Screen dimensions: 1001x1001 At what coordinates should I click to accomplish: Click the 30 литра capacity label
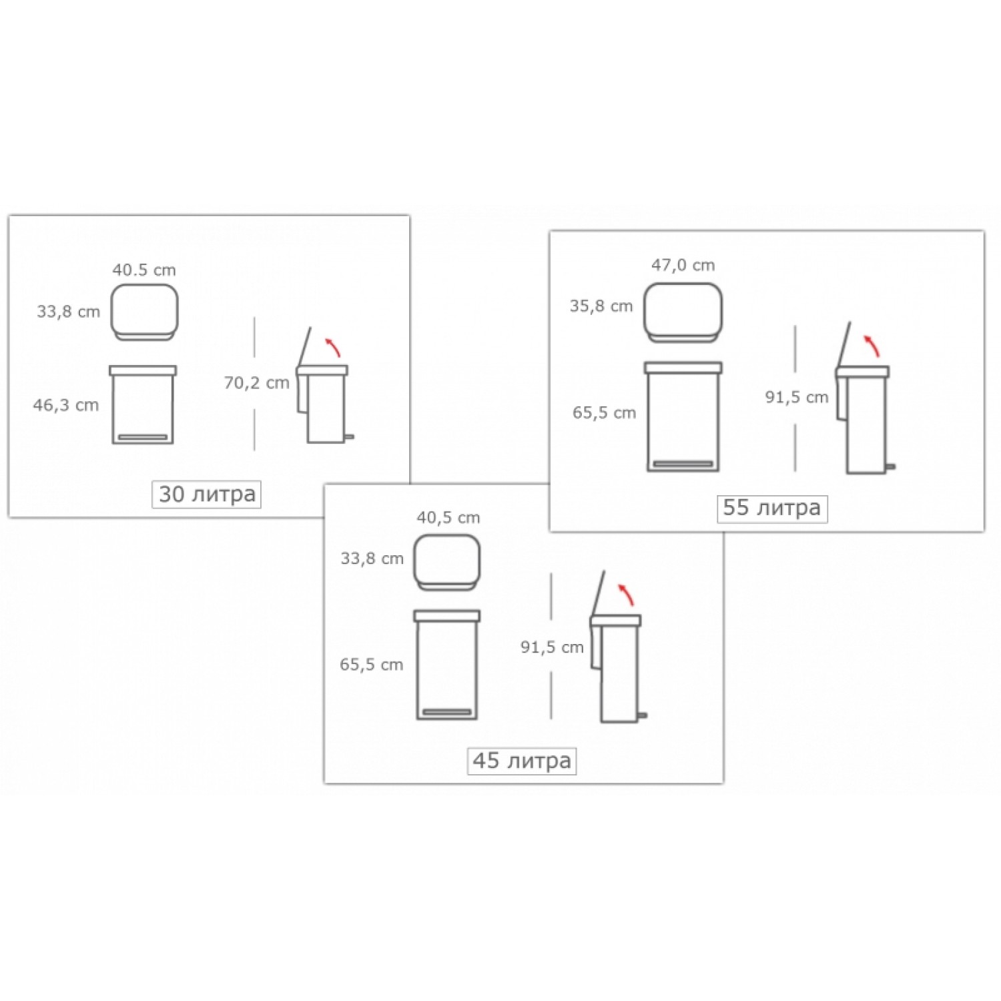pos(207,494)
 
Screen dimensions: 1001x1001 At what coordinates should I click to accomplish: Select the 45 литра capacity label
pos(522,761)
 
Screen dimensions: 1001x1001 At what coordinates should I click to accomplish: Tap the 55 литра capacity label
pos(771,508)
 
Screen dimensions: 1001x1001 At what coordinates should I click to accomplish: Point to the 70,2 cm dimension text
pos(256,383)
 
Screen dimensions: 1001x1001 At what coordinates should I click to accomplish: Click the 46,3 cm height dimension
pos(66,405)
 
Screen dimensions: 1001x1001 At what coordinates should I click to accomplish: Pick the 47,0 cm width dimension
pos(683,265)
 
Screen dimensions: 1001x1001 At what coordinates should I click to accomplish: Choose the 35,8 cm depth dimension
pos(601,306)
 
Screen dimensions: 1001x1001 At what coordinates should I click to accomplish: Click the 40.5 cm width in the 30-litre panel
pos(144,270)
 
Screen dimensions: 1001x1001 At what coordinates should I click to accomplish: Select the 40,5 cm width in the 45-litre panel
pos(448,517)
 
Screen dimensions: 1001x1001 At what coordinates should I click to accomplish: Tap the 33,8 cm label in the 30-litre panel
pos(68,312)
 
